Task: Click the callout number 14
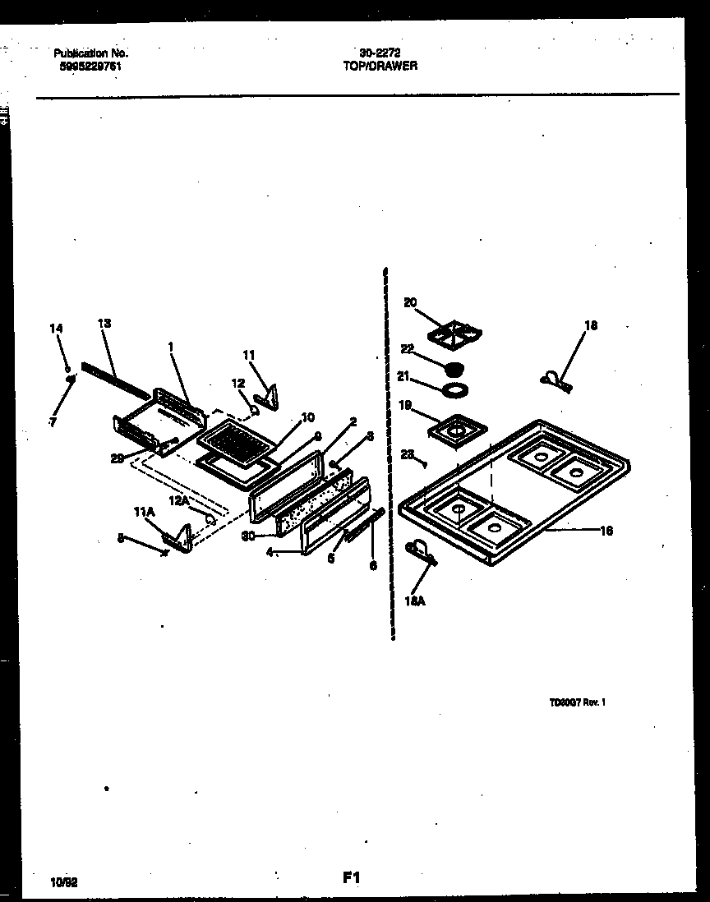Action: coord(56,329)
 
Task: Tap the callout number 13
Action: coord(104,323)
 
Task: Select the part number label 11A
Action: coord(144,511)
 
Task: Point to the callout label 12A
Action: coord(179,500)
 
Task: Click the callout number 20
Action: coord(410,303)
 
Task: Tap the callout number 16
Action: coord(606,531)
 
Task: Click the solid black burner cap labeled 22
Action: coord(454,366)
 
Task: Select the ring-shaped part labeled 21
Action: coord(454,388)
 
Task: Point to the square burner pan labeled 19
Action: coord(453,430)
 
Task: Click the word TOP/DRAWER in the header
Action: coord(380,66)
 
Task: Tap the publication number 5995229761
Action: coord(88,67)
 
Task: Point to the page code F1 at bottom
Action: coord(352,877)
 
